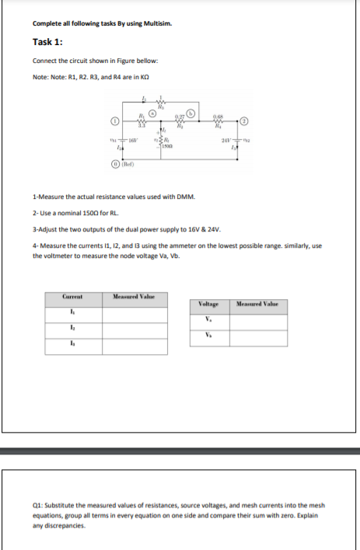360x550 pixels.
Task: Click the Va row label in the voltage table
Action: point(210,320)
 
